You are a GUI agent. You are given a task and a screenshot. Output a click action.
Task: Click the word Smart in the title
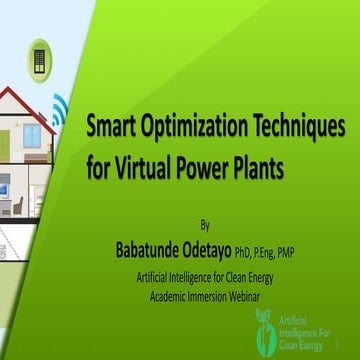pyautogui.click(x=112, y=128)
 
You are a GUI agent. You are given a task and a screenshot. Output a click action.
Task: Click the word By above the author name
pyautogui.click(x=206, y=225)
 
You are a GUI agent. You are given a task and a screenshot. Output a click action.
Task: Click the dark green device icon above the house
pyautogui.click(x=40, y=55)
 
